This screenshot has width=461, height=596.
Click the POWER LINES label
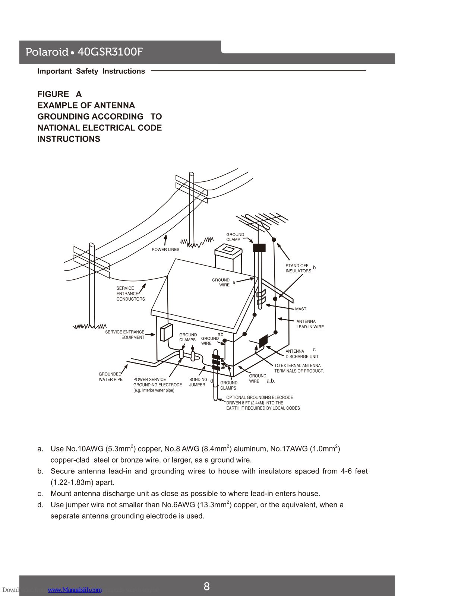click(165, 250)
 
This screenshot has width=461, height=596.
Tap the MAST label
click(300, 309)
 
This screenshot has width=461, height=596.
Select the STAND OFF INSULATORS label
click(298, 268)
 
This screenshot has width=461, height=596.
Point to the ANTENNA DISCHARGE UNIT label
click(302, 354)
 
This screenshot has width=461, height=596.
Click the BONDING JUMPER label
click(198, 382)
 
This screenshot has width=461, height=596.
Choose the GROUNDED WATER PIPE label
click(110, 377)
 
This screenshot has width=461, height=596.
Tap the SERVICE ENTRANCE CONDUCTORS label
click(130, 294)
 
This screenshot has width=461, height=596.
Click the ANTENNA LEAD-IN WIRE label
click(310, 324)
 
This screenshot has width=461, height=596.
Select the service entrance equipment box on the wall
click(166, 332)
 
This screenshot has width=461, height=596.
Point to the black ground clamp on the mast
click(259, 248)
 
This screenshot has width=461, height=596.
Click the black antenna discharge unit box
click(263, 340)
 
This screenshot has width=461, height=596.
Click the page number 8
click(207, 586)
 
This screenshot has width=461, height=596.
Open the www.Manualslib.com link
click(75, 590)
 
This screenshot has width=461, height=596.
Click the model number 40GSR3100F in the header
click(110, 52)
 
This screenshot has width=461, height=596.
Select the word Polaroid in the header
click(47, 52)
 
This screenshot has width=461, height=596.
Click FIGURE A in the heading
click(59, 94)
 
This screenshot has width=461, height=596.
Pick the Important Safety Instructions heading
click(91, 71)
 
